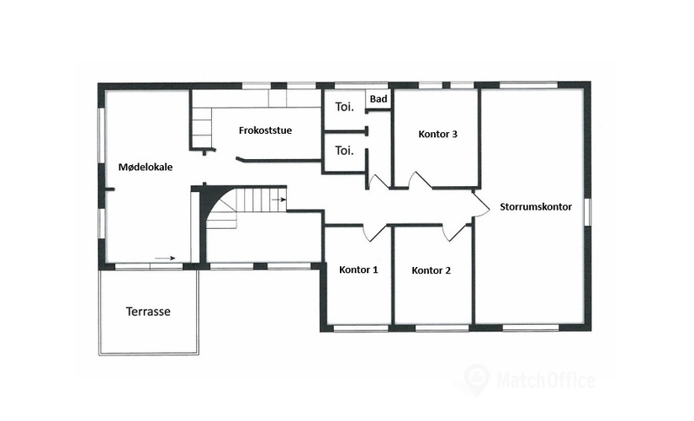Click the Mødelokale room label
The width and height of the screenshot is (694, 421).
coord(146,167)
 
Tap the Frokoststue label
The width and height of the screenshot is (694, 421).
coord(265,131)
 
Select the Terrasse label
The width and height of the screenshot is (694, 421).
coord(148,311)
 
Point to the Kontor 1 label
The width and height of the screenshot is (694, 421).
coord(358,270)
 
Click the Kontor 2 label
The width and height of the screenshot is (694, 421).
coord(432,270)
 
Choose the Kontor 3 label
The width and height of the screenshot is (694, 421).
coord(437,134)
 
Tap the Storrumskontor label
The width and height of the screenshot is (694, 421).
coord(535,205)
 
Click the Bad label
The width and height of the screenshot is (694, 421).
coord(379,100)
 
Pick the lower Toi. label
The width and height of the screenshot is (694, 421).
coord(344,151)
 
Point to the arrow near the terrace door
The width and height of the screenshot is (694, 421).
coord(166,258)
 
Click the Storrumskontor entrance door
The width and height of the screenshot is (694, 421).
coord(479,204)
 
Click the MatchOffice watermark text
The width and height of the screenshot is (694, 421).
coord(546,381)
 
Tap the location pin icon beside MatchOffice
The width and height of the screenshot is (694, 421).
coord(477,379)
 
